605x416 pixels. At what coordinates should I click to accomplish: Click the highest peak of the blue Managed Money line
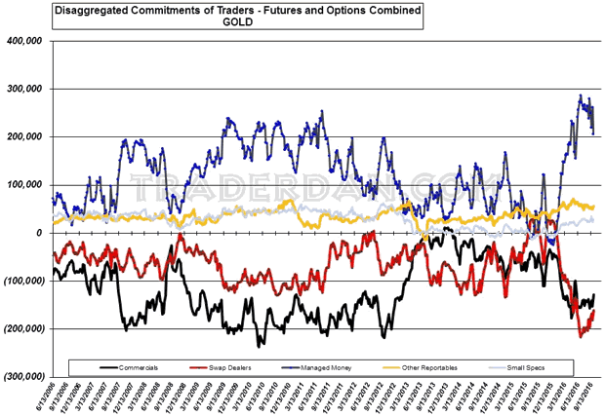[582, 95]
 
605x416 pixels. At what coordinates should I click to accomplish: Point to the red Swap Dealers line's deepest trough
[582, 336]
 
